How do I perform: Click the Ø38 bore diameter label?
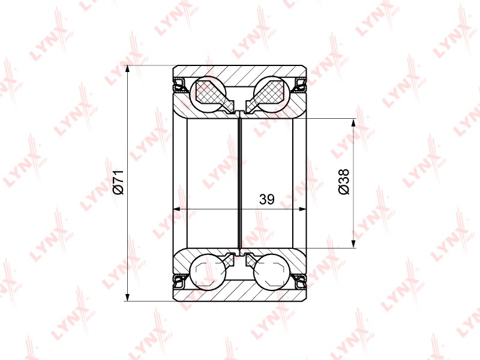[344, 182]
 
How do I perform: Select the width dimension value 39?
[266, 199]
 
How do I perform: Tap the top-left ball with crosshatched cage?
[208, 92]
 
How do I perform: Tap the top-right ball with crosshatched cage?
[271, 92]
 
